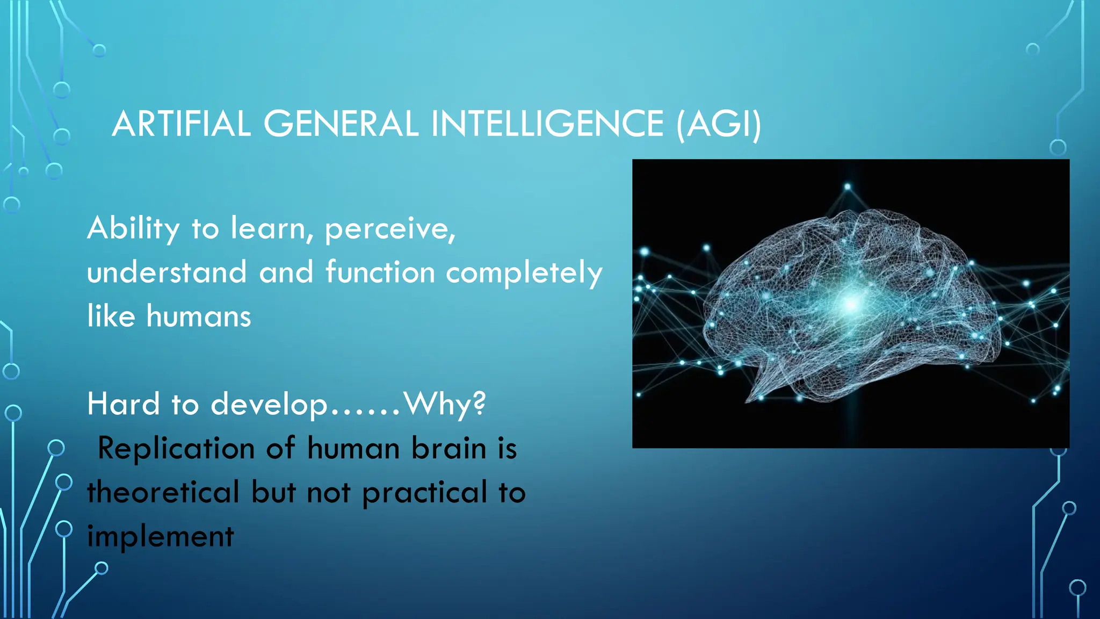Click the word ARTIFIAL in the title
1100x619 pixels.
pos(181,124)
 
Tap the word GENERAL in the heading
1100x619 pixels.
pos(341,124)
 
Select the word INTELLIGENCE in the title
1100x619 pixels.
pos(547,124)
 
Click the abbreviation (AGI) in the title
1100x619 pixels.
pos(719,124)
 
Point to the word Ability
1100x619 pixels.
pos(133,229)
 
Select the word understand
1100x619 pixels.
pos(167,272)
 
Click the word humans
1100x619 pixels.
pos(198,316)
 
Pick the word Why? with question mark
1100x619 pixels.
pos(445,404)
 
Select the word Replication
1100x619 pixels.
pos(176,449)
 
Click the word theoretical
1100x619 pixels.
pos(163,492)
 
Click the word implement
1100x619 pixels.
pos(160,537)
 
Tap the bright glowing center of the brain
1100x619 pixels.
pos(850,305)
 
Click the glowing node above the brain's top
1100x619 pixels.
pos(848,187)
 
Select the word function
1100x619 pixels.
pos(380,272)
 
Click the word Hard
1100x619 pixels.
pos(123,404)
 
